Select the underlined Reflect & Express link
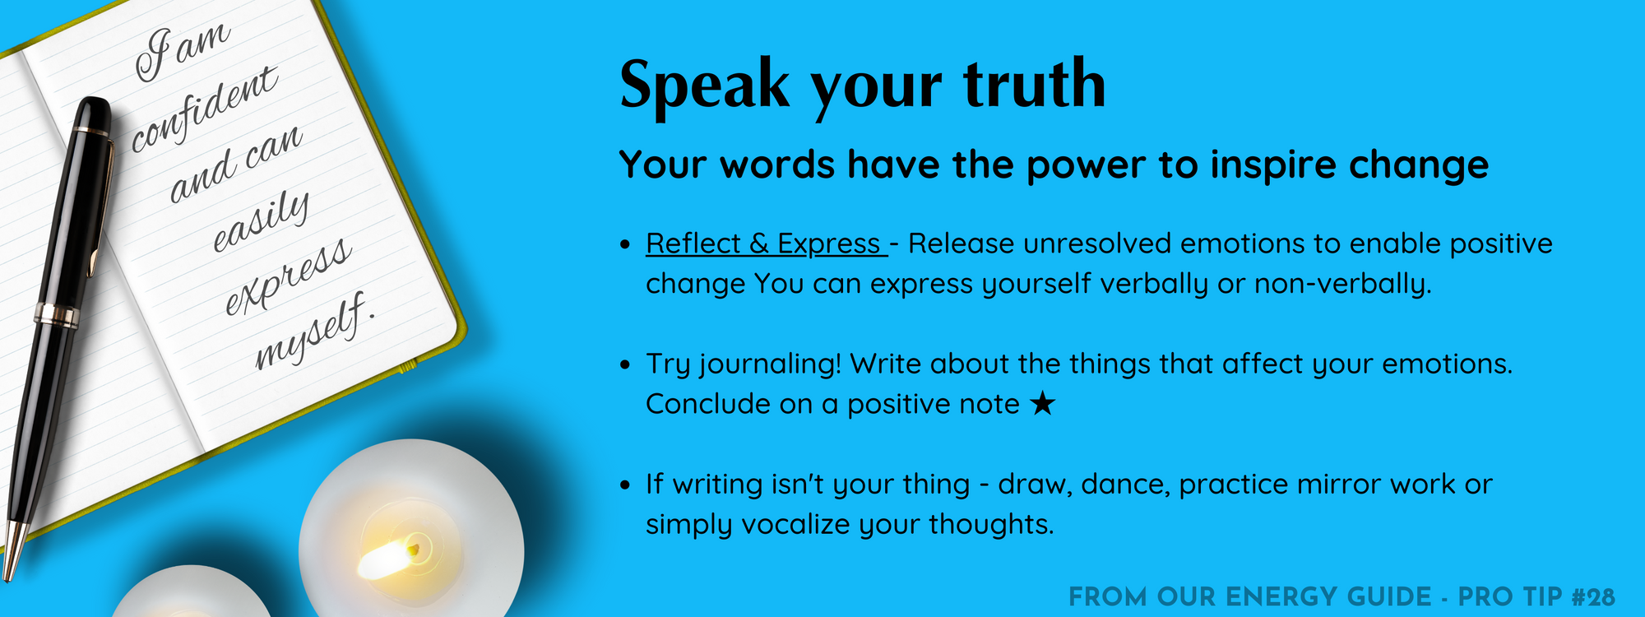pyautogui.click(x=766, y=244)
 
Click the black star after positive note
pyautogui.click(x=1042, y=403)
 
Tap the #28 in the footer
pyautogui.click(x=1593, y=596)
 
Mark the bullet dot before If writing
pyautogui.click(x=626, y=485)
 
